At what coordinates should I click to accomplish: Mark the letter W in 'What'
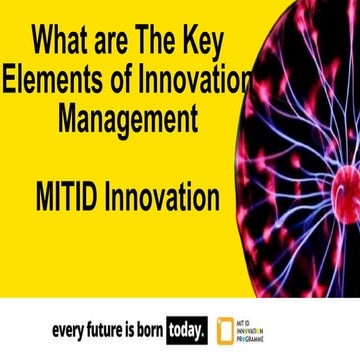45,44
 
